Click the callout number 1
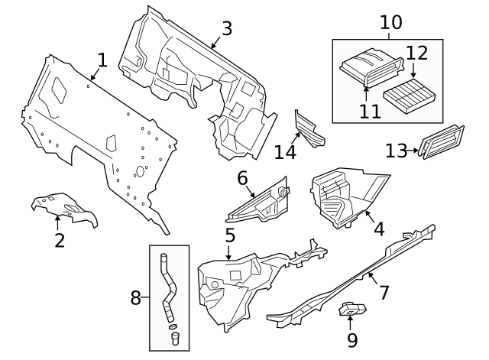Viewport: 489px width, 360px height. pyautogui.click(x=102, y=60)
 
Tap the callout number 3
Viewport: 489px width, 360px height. pyautogui.click(x=226, y=28)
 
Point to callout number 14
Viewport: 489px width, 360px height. pyautogui.click(x=285, y=151)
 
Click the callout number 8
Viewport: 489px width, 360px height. pyautogui.click(x=135, y=297)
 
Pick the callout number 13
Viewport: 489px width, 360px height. pyautogui.click(x=396, y=151)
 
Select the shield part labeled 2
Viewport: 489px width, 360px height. pyautogui.click(x=65, y=210)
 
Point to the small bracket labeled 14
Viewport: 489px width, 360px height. pyautogui.click(x=309, y=128)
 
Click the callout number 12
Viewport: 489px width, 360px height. pyautogui.click(x=416, y=53)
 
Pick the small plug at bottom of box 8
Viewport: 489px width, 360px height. pyautogui.click(x=174, y=337)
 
